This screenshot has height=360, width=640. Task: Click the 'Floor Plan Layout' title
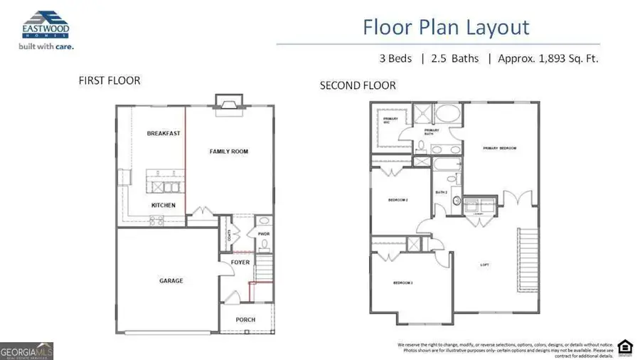pos(446,28)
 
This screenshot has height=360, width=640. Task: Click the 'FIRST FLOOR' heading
pos(109,81)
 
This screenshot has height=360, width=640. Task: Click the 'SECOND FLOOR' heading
pos(358,85)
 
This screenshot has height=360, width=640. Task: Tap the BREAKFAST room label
pos(164,133)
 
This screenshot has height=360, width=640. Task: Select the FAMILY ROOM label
pos(228,152)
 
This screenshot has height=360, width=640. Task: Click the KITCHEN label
pos(163,206)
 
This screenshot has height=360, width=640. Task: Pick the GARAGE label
pos(171,281)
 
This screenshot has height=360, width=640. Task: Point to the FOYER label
pos(240,262)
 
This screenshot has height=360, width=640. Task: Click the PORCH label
pos(245,319)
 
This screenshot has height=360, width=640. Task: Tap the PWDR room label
pos(262,233)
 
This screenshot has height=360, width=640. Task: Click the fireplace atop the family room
pos(229,104)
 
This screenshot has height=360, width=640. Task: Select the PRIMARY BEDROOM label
pos(499,148)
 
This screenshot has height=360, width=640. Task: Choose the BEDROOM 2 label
pos(397,201)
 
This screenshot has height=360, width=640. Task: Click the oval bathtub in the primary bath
pos(447,115)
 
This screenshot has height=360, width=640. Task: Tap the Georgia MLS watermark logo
pos(27,351)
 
